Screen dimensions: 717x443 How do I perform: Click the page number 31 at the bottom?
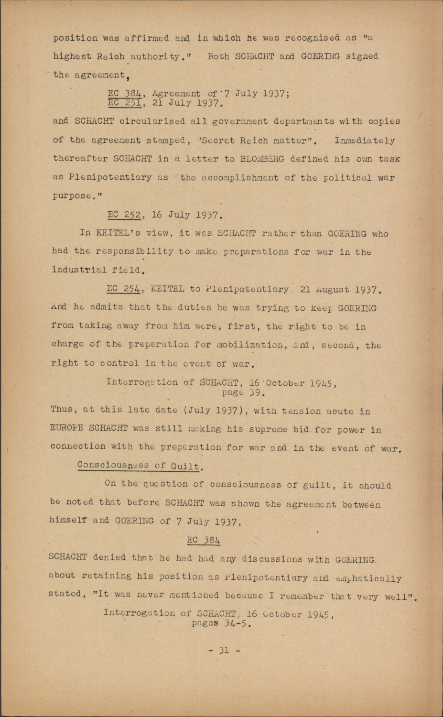(x=224, y=650)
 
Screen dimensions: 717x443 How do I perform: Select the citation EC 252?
(x=124, y=215)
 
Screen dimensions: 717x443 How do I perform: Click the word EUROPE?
(x=66, y=428)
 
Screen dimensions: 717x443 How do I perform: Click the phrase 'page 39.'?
(x=243, y=393)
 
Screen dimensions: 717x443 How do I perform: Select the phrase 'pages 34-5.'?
(x=221, y=623)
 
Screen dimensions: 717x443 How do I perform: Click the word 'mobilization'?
(x=243, y=345)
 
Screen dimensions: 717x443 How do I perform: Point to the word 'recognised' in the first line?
(x=313, y=38)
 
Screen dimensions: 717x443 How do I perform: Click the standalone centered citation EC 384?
(x=204, y=540)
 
